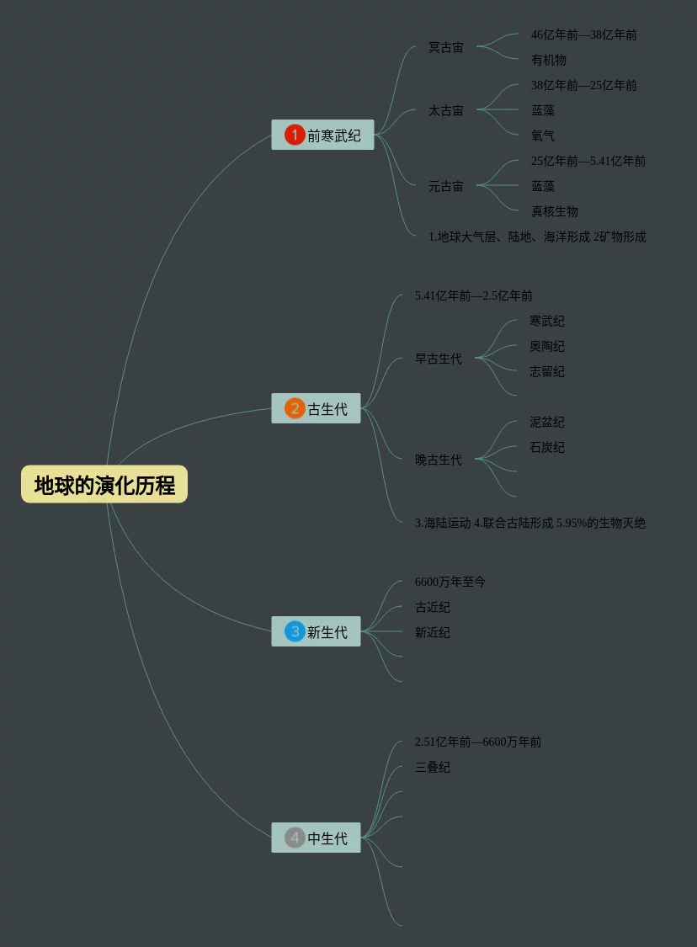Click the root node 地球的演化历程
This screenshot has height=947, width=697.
point(104,485)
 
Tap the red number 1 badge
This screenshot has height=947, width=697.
point(295,135)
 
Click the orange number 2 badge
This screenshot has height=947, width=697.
point(295,409)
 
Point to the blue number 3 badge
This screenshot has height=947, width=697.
point(295,631)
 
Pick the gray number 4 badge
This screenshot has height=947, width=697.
point(295,838)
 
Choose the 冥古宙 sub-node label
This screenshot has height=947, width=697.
point(445,47)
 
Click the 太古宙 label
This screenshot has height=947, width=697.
point(445,110)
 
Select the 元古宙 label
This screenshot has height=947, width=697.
point(445,186)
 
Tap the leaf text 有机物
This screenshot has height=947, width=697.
point(548,60)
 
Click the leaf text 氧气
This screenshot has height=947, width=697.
point(543,136)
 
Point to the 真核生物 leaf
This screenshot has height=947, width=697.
point(554,211)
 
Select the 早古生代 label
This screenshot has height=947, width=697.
point(438,359)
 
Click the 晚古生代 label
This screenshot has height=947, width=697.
point(438,460)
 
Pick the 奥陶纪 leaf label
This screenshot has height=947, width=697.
point(546,346)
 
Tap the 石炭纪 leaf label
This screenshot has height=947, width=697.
point(546,447)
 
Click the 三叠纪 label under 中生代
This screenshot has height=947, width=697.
point(432,767)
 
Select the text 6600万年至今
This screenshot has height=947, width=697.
point(450,582)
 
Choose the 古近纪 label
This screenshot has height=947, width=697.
point(432,607)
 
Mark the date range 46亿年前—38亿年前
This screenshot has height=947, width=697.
point(583,35)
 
